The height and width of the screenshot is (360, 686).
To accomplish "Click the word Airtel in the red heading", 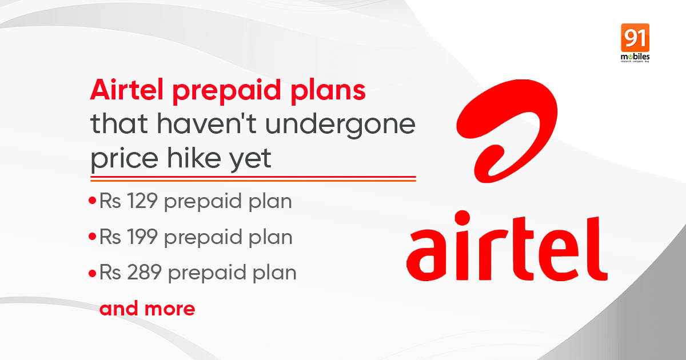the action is tap(126, 89).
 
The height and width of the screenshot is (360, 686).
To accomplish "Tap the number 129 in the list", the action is tap(142, 201).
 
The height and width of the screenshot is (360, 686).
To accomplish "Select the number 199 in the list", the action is tap(142, 237).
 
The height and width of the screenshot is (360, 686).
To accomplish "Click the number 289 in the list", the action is tap(144, 272).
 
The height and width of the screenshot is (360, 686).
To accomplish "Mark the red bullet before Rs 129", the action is tap(92, 201).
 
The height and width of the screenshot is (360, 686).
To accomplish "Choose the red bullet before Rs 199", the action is tap(92, 237).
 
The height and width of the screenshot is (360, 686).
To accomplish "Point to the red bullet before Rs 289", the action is tap(92, 273).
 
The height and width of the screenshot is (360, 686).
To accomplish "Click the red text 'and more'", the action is tap(147, 308).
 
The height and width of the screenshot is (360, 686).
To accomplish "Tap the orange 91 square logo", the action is tap(635, 38).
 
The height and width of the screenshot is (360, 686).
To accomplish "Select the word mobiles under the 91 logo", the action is tap(635, 57).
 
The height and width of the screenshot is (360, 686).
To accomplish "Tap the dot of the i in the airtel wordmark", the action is tap(462, 218).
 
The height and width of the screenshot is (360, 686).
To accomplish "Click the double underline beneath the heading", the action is tap(253, 179).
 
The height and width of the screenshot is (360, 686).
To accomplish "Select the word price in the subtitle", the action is tap(124, 160).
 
